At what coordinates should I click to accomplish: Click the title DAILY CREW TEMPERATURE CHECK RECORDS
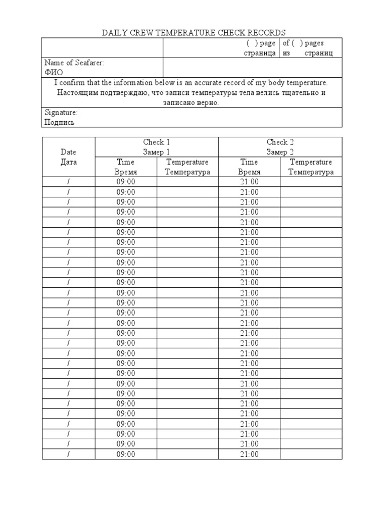pyautogui.click(x=194, y=33)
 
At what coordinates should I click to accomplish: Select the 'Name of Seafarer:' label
pyautogui.click(x=74, y=63)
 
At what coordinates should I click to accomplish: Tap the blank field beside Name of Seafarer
pyautogui.click(x=252, y=67)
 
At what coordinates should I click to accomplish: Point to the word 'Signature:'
pyautogui.click(x=61, y=112)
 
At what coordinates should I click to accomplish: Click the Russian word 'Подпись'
pyautogui.click(x=60, y=122)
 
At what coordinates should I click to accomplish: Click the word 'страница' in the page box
pyautogui.click(x=259, y=53)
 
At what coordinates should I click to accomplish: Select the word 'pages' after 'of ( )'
pyautogui.click(x=314, y=43)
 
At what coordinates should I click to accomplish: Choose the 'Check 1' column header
pyautogui.click(x=157, y=142)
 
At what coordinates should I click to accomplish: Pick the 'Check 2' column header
pyautogui.click(x=280, y=142)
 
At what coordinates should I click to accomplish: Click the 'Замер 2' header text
pyautogui.click(x=280, y=152)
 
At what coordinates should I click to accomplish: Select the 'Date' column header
pyautogui.click(x=68, y=151)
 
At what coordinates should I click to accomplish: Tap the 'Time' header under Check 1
pyautogui.click(x=125, y=162)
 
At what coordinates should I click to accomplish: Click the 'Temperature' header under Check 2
pyautogui.click(x=311, y=162)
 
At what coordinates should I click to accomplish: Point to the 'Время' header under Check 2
pyautogui.click(x=249, y=172)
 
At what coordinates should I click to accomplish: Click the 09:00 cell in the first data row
pyautogui.click(x=126, y=182)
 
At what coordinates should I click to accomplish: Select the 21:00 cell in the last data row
pyautogui.click(x=249, y=454)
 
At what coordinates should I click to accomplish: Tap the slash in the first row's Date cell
pyautogui.click(x=68, y=182)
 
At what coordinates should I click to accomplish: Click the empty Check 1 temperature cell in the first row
pyautogui.click(x=187, y=182)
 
